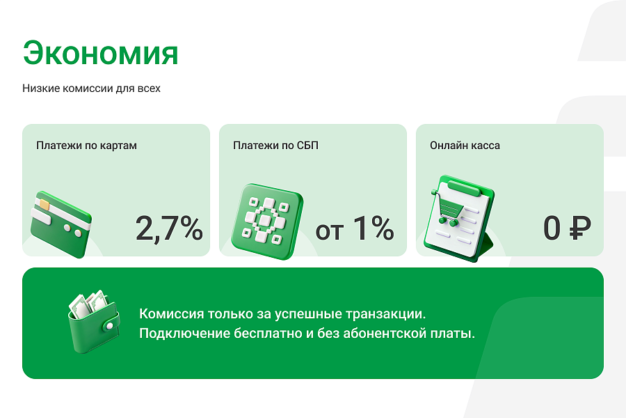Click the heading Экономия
point(100,53)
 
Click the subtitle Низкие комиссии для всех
point(91,88)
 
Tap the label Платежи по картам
point(86,146)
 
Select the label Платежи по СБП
point(275,146)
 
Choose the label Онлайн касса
point(465,146)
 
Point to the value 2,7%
point(169,229)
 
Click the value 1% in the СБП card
point(374,229)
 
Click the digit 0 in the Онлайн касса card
point(552,229)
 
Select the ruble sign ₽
point(579,229)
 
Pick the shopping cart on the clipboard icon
point(451,207)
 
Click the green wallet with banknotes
point(93,324)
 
